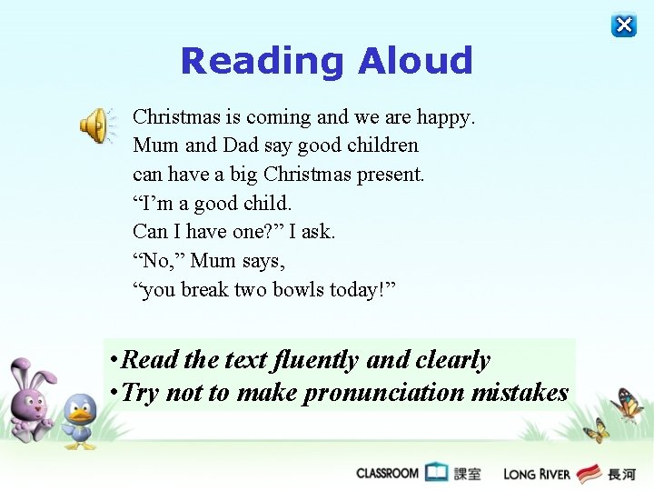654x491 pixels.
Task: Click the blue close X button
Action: point(624,25)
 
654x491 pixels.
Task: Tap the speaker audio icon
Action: point(94,125)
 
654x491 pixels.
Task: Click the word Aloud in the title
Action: point(415,61)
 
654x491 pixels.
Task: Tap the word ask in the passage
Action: point(316,232)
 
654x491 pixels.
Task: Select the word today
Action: point(366,290)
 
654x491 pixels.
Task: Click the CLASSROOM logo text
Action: point(388,473)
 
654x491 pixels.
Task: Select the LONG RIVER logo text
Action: point(538,474)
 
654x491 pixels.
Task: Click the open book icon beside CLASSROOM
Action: point(437,472)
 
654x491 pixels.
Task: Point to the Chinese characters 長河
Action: point(622,474)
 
